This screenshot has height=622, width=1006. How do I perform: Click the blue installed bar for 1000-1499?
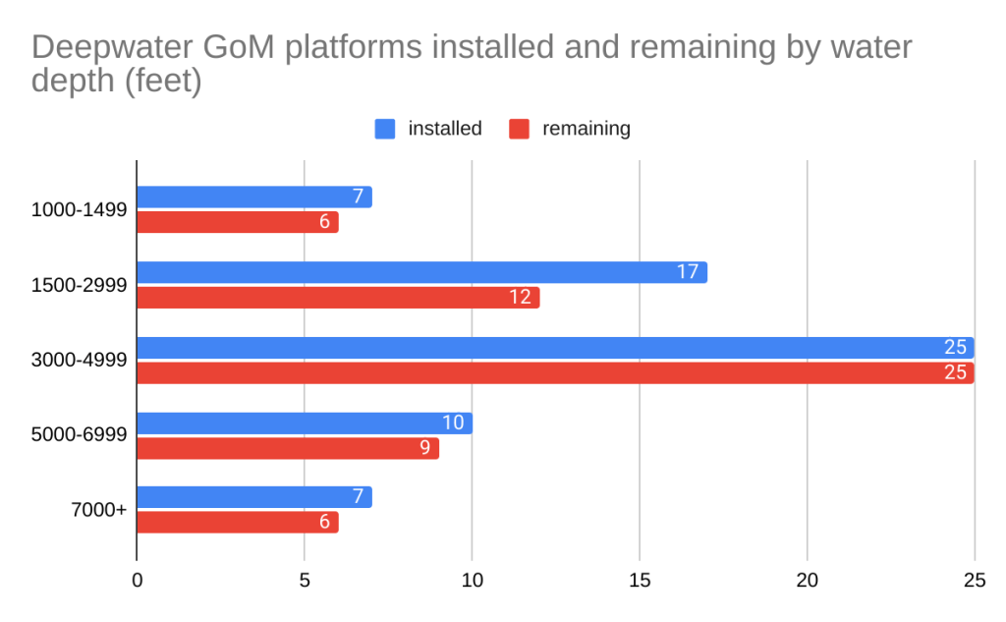click(x=253, y=197)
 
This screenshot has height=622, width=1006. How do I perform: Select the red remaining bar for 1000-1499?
click(x=237, y=222)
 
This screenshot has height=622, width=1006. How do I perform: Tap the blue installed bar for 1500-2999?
click(x=421, y=272)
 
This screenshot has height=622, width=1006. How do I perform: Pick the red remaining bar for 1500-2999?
click(x=338, y=297)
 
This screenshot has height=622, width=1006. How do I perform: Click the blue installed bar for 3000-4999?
click(x=555, y=348)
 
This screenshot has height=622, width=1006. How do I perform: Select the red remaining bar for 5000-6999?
click(x=287, y=448)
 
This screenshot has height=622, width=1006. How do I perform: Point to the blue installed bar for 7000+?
click(x=253, y=497)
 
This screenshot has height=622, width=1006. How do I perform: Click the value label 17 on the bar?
click(x=688, y=272)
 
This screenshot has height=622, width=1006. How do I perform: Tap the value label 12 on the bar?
click(x=520, y=297)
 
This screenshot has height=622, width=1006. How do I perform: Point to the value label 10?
click(x=453, y=423)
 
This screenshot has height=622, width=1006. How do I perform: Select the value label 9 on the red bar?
click(x=424, y=448)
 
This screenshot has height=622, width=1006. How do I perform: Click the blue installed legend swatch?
click(x=385, y=129)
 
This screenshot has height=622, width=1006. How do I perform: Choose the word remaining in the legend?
click(x=586, y=129)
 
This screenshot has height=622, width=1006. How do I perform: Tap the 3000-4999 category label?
click(x=79, y=360)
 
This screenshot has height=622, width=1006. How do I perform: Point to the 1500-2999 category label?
click(x=79, y=284)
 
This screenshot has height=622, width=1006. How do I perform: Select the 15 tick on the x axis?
click(x=640, y=581)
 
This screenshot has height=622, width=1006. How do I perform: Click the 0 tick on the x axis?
click(x=137, y=581)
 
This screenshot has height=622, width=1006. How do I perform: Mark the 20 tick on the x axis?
click(x=807, y=581)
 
